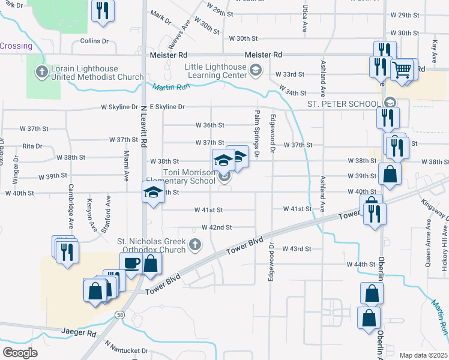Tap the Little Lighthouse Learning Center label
click(x=208, y=71)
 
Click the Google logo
click(x=20, y=352)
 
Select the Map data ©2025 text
click(x=423, y=355)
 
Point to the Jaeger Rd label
click(x=79, y=332)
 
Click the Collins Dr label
click(x=94, y=41)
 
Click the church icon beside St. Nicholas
click(x=194, y=244)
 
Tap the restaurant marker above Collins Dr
click(x=103, y=10)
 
